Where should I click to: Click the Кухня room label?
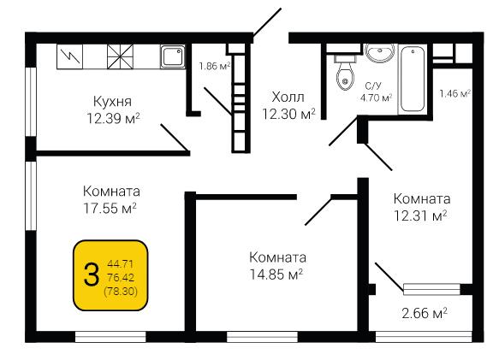pos(112,102)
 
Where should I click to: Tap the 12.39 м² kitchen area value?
pos(114,119)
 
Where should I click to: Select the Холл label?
pos(288,97)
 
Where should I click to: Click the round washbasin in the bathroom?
pos(380,52)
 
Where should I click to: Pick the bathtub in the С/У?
pos(413,80)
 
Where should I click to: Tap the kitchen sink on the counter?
pos(173,56)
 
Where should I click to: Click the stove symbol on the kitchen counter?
pos(121,56)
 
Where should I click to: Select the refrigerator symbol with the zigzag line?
pos(69,56)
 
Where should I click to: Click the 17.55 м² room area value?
pos(110,209)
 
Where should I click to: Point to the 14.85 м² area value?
pos(276,274)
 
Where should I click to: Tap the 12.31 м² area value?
pos(420,216)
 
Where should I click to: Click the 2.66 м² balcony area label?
pos(425,313)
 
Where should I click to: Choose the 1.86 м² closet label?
pos(215,66)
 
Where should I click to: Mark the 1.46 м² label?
pos(455,93)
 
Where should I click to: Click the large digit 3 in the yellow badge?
pos(92,275)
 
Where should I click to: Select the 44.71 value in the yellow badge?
pos(121,263)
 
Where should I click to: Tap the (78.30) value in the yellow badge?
pos(121,291)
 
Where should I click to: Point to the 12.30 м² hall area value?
pos(288,114)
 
